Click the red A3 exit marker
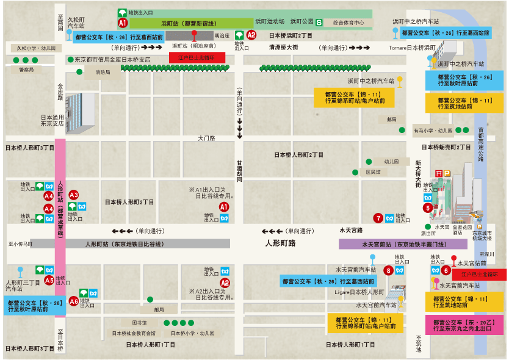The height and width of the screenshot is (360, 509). tap(74, 195)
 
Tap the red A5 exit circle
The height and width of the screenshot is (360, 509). tap(49, 280)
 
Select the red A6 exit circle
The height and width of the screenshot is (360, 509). tap(74, 301)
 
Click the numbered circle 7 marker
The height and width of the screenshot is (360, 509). tap(379, 218)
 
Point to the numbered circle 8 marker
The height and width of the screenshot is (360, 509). tap(388, 270)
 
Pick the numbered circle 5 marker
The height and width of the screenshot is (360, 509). tap(428, 208)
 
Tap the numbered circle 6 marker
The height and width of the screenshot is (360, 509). tap(446, 270)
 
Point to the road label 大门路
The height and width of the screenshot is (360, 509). tap(207, 139)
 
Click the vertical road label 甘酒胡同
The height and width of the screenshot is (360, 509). tap(240, 171)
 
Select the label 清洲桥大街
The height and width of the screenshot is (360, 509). tap(284, 47)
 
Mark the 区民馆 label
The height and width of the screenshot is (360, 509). tap(372, 172)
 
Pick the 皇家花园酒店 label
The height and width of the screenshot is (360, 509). tap(462, 229)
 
